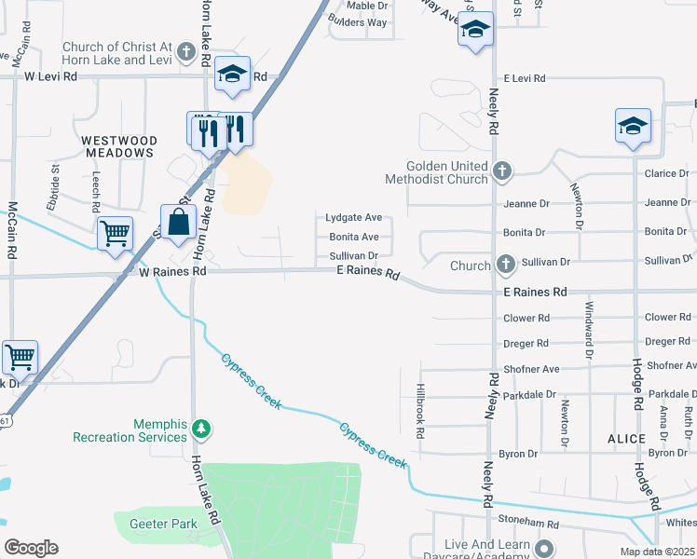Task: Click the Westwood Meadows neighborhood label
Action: tap(117, 146)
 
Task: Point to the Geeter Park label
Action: tap(163, 524)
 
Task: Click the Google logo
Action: tap(31, 548)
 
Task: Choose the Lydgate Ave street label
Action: tap(353, 217)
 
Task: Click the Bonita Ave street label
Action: tap(353, 237)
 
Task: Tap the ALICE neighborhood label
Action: tap(626, 438)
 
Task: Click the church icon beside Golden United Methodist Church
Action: tap(502, 170)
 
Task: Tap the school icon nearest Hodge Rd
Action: tap(633, 127)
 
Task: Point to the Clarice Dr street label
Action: tap(666, 173)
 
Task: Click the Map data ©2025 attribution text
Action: tap(656, 552)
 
